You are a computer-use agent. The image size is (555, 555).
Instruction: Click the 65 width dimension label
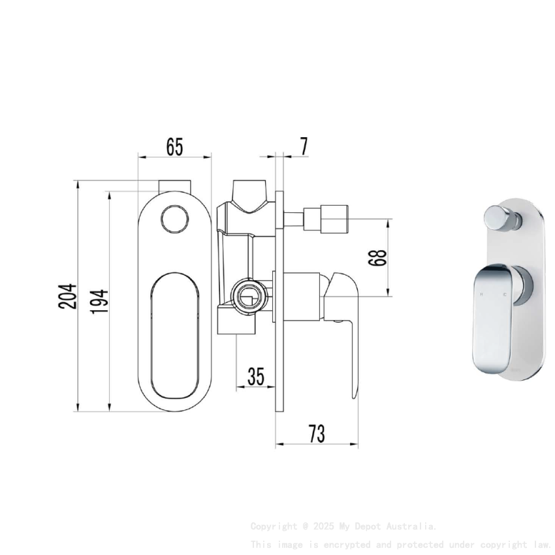174,146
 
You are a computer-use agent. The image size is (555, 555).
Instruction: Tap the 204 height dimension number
70,296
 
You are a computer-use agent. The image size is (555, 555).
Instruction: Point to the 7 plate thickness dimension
304,146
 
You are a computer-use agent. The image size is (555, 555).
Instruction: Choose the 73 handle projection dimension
317,434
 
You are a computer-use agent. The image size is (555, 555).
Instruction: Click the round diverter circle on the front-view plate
174,217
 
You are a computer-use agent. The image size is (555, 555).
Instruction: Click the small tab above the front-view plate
174,185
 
